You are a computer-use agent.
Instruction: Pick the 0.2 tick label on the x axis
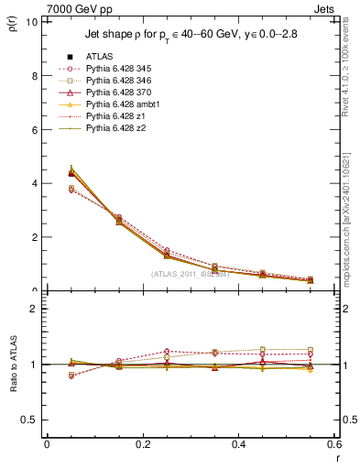(142, 444)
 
